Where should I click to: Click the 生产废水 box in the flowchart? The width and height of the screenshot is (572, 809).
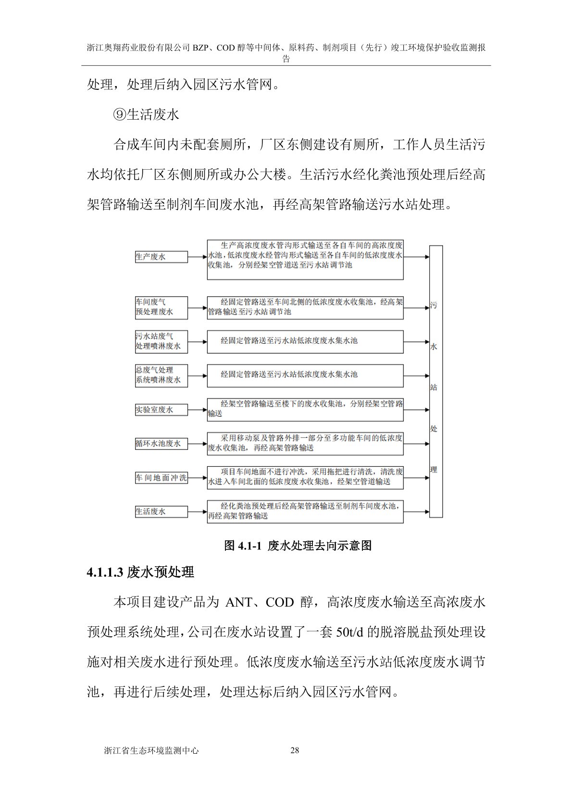[x=161, y=257]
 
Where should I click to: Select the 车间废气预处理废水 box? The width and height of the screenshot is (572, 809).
[x=161, y=308]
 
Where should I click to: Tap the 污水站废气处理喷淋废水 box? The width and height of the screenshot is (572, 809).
[x=161, y=341]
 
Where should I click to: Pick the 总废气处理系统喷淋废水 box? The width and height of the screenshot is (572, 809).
[x=161, y=375]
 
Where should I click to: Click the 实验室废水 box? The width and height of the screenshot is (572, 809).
[x=161, y=410]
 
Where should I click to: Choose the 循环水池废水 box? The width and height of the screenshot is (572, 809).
[x=161, y=444]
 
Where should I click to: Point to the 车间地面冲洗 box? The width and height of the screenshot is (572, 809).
[x=161, y=478]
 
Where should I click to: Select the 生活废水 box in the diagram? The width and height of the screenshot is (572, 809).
[x=161, y=511]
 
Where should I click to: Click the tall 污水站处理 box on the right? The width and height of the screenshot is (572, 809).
[x=435, y=381]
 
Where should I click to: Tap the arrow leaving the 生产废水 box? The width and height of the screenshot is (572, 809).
[x=198, y=257]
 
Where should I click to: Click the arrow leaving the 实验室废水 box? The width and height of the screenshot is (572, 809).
[x=198, y=410]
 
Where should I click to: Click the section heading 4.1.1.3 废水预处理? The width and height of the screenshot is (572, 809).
[x=140, y=572]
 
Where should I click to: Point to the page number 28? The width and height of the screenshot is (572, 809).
[x=295, y=750]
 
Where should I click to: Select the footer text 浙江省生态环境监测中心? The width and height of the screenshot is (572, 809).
[x=151, y=750]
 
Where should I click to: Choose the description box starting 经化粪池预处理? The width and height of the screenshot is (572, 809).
[x=305, y=511]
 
